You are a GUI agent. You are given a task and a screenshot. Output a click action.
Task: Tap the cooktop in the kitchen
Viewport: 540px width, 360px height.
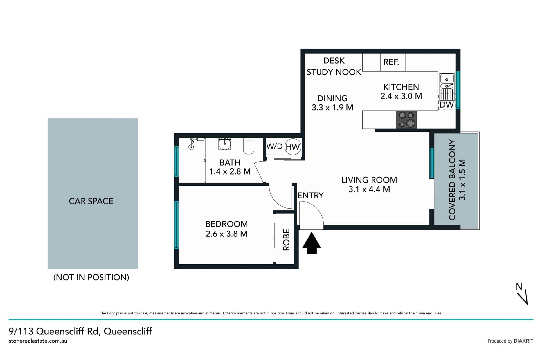coord(406,120)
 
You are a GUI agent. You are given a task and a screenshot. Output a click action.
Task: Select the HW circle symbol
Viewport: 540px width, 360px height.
coord(293,147)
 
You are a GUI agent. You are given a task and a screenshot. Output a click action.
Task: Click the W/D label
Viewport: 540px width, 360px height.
coord(274,146)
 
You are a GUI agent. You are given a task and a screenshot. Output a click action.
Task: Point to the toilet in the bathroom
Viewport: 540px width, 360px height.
coord(249,146)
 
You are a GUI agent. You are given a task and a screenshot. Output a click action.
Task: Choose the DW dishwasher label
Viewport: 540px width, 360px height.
coord(447,105)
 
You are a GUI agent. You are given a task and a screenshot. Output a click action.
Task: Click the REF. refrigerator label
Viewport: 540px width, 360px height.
coord(391,62)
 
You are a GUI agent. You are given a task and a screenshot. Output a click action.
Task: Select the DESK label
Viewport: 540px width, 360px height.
coord(334,61)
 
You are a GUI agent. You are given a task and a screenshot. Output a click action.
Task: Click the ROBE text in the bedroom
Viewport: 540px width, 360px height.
coord(286,240)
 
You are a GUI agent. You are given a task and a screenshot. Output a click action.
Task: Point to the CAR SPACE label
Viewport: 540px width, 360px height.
coord(91,201)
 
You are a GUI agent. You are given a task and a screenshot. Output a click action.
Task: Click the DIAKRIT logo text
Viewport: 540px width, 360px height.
coord(523,341)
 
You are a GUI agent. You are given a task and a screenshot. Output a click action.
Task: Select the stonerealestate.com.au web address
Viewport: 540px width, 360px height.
coord(38,341)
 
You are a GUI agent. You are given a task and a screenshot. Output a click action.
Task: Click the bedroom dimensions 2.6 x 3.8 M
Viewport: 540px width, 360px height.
coord(227,234)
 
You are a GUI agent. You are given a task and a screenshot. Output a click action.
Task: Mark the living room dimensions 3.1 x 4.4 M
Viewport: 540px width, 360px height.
coord(369,189)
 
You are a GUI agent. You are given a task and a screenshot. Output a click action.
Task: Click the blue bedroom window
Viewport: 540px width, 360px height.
coord(177,225)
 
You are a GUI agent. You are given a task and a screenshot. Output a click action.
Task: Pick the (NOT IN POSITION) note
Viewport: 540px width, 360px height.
coord(91,277)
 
